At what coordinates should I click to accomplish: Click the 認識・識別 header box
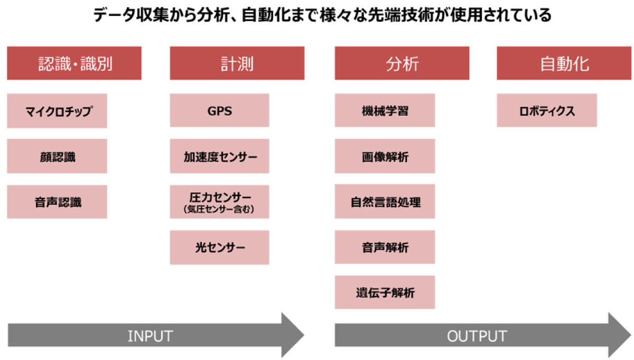74,63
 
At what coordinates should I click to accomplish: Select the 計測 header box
237,63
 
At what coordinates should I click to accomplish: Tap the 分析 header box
402,63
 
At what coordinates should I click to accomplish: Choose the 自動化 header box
564,63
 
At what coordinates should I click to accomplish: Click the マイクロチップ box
57,110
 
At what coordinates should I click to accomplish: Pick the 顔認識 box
57,156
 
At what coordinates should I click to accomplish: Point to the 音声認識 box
57,201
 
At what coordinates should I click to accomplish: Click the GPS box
219,110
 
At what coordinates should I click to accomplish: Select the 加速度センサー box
219,156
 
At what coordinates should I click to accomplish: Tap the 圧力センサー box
219,201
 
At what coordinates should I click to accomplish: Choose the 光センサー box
219,247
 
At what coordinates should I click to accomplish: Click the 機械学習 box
385,110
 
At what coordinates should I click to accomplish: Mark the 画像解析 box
385,156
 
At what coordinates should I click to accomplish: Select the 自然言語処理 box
385,201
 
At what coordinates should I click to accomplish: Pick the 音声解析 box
385,247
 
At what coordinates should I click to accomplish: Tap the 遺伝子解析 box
385,292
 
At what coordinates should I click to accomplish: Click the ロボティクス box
547,110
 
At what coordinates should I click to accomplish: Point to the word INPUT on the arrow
150,336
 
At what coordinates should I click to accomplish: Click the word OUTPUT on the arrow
477,336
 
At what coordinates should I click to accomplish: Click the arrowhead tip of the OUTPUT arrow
631,335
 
